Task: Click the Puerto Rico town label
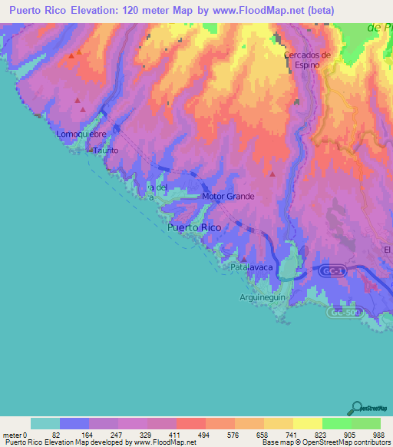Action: (194, 227)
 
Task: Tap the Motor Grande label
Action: (228, 196)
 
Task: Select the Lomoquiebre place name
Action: (81, 134)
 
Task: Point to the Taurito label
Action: (106, 151)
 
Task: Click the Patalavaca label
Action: (253, 269)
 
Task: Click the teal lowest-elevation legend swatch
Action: (45, 423)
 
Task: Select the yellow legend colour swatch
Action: (307, 423)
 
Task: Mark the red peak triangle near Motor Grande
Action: (272, 174)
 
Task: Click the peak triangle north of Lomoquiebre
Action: (78, 101)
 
